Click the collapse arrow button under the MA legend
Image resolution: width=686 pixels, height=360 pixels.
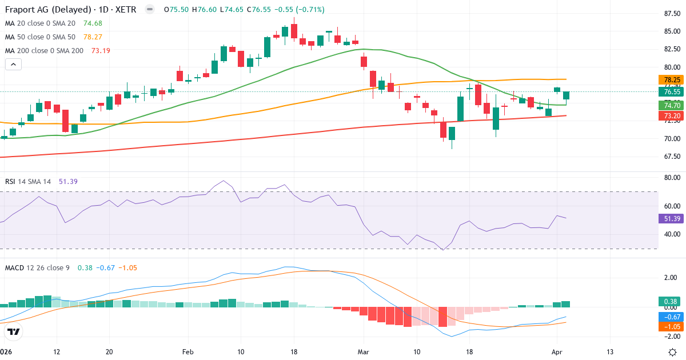click(13, 65)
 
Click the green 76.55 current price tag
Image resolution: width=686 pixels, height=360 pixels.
click(671, 91)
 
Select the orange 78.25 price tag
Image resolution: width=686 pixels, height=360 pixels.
click(671, 80)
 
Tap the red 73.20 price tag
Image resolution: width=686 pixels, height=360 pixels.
click(671, 116)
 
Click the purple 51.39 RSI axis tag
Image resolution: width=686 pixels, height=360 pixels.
click(671, 218)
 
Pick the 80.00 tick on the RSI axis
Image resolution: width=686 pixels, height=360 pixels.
click(671, 178)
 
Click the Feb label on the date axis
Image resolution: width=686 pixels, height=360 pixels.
click(188, 351)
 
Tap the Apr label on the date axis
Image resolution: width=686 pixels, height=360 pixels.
click(557, 351)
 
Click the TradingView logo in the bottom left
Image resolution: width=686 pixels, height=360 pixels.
click(14, 331)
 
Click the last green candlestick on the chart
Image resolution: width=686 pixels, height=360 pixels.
click(566, 95)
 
